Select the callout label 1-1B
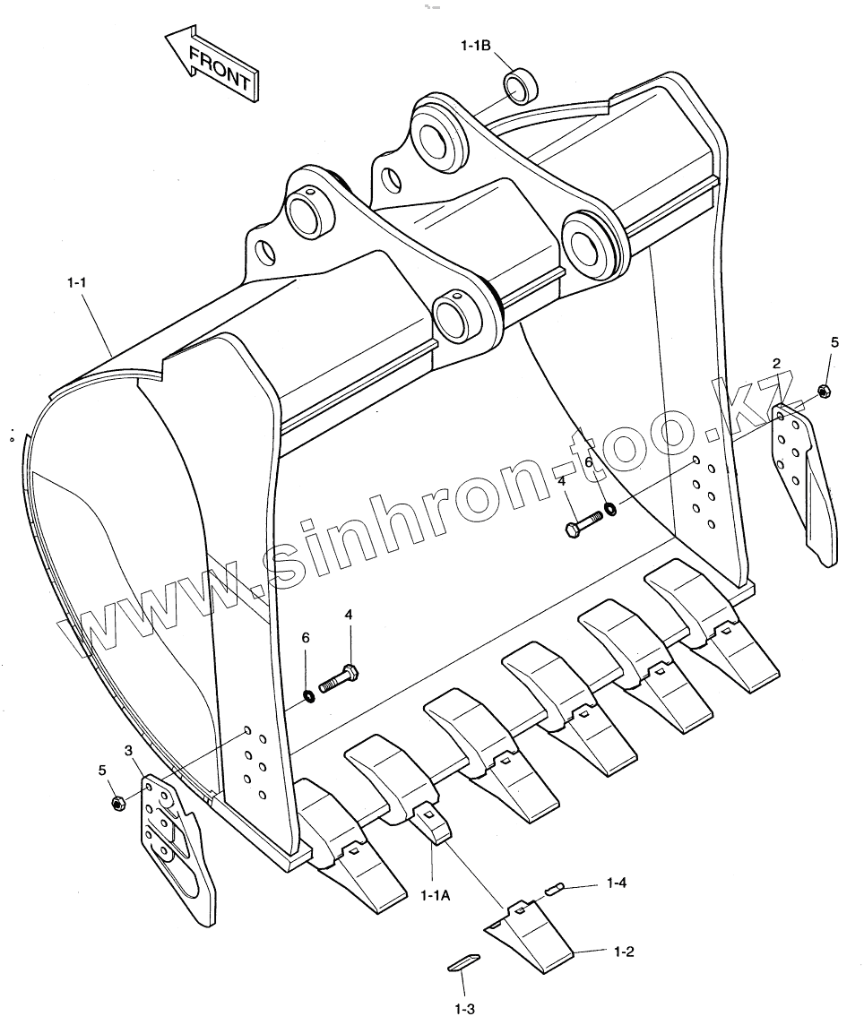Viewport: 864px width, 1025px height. tap(475, 46)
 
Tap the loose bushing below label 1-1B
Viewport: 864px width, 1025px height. tap(521, 87)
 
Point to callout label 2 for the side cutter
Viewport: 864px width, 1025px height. tap(776, 363)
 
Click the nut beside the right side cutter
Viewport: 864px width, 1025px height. tap(823, 391)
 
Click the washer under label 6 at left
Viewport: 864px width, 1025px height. tap(308, 694)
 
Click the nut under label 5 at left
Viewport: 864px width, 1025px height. tap(117, 803)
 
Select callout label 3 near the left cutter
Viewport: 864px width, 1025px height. tap(129, 749)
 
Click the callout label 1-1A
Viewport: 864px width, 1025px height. tap(436, 893)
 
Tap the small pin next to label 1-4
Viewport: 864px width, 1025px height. tap(553, 889)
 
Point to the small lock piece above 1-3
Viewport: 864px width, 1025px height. tap(462, 963)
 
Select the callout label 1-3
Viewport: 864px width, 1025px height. tap(463, 1010)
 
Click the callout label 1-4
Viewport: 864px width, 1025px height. tap(616, 883)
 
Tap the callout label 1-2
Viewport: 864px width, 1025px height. tap(625, 951)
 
